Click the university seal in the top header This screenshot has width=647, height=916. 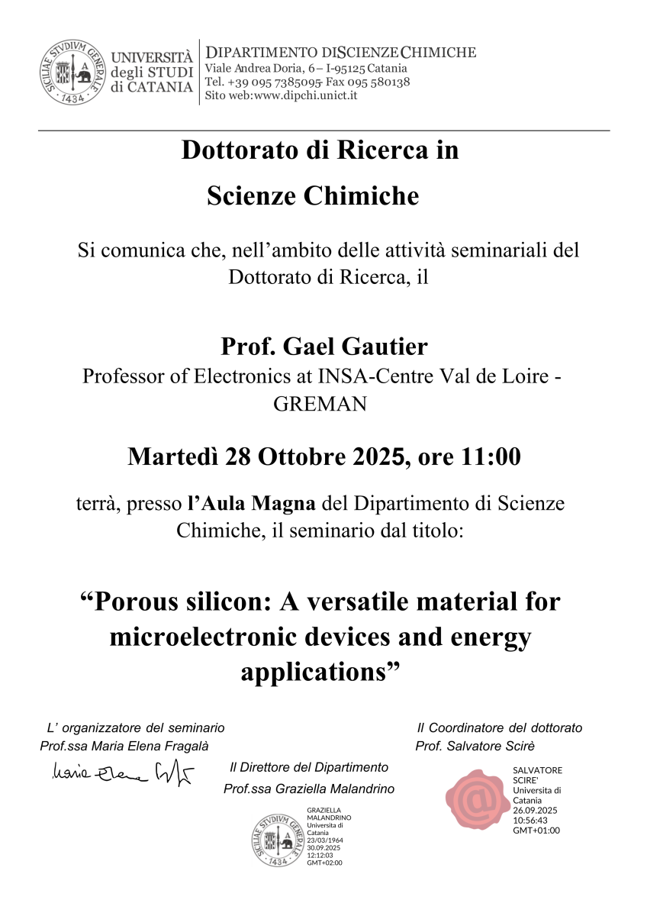tap(72, 73)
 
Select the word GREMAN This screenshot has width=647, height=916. tap(320, 404)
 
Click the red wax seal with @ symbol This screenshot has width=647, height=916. tap(478, 799)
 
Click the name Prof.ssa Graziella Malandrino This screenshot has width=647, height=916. tap(309, 789)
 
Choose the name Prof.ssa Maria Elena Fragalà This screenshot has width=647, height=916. tap(124, 746)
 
